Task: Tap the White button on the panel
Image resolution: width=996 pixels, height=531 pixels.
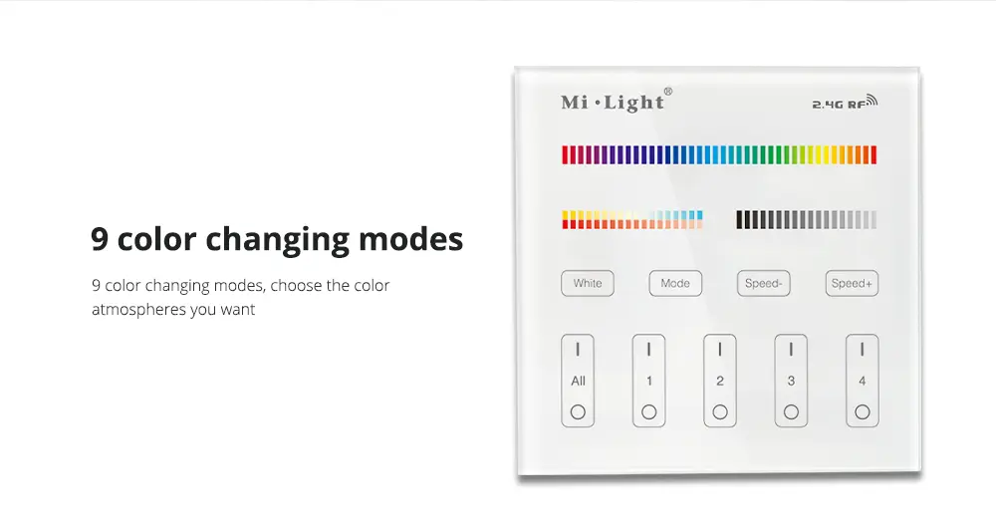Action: [587, 283]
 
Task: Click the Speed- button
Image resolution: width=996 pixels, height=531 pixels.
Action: [764, 283]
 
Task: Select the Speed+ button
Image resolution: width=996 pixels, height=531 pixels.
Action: [852, 283]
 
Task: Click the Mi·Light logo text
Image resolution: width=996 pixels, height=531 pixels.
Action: [613, 103]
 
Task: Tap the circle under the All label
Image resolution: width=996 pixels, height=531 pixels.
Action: [578, 412]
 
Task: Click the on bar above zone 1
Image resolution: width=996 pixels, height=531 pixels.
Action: [648, 350]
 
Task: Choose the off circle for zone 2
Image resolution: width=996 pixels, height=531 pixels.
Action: [720, 412]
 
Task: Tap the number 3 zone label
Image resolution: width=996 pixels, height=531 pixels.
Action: [791, 382]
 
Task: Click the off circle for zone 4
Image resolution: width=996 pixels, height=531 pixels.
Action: [862, 412]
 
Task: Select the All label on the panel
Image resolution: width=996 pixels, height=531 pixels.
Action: [578, 382]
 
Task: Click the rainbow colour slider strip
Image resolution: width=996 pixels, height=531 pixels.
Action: [719, 155]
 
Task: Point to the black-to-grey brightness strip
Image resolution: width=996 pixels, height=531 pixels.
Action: [807, 220]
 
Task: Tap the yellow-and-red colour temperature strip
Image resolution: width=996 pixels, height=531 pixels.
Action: [632, 220]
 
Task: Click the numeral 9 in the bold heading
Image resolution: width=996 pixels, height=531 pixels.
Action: [99, 239]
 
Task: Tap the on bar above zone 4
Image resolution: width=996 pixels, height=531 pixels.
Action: [862, 350]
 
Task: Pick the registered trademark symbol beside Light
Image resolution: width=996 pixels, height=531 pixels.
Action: [667, 92]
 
